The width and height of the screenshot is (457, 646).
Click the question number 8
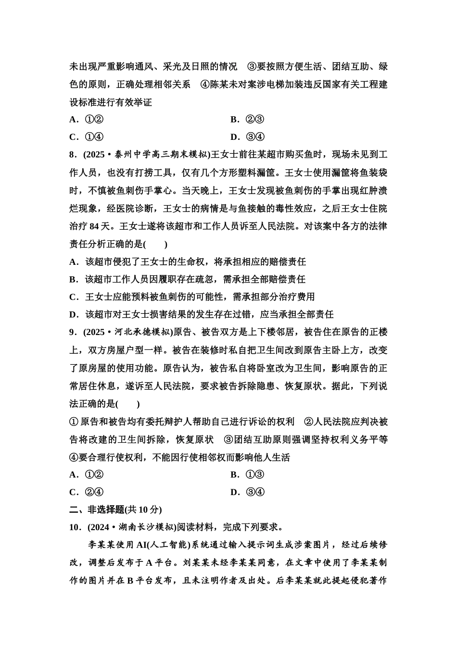[x=73, y=155]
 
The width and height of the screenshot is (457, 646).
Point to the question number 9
[x=73, y=332]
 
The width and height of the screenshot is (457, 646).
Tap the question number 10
[x=75, y=527]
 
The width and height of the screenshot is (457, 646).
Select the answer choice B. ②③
[x=247, y=119]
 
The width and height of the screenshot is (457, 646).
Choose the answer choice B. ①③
[x=247, y=474]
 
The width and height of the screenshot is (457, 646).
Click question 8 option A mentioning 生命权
[x=188, y=261]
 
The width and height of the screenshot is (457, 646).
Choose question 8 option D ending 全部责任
[x=202, y=314]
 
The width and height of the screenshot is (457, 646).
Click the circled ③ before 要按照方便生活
[x=252, y=66]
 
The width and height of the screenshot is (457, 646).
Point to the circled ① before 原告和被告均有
[x=74, y=422]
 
